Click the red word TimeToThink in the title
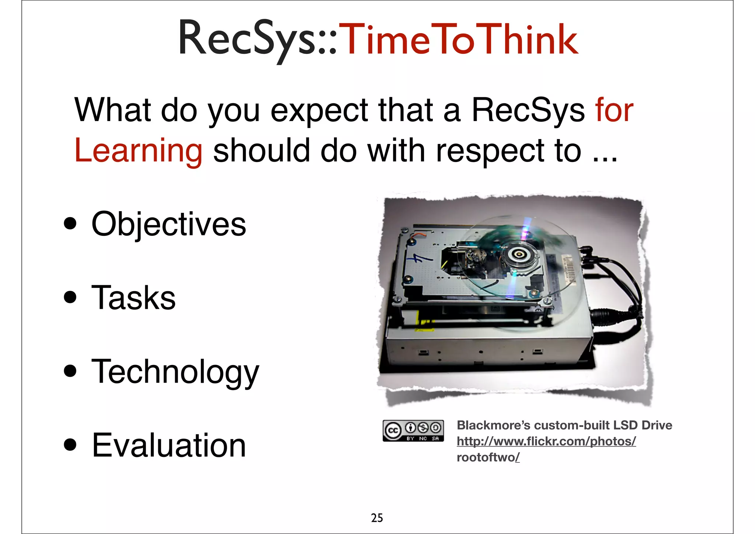(x=458, y=39)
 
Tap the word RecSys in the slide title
(x=246, y=39)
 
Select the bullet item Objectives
(x=168, y=224)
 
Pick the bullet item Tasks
(x=133, y=297)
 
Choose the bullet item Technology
(x=175, y=372)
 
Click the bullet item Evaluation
(x=168, y=445)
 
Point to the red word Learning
(x=138, y=151)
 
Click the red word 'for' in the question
(x=614, y=110)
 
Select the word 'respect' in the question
(x=490, y=151)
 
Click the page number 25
(x=377, y=518)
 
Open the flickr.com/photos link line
(x=546, y=441)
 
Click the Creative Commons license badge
(x=413, y=430)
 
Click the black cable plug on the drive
(x=605, y=316)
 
